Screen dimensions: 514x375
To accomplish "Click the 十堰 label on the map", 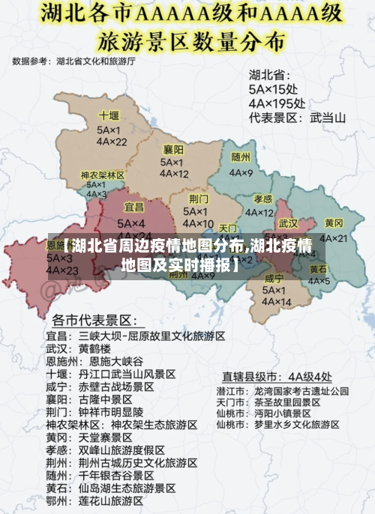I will (x=109, y=116).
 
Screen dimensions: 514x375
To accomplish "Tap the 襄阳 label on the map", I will (x=173, y=149).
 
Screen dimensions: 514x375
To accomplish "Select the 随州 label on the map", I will (x=241, y=157).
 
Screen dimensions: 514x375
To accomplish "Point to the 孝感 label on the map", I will (x=262, y=199).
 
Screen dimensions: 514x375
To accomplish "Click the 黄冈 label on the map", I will (x=334, y=224).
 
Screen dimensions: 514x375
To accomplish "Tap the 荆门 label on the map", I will (x=199, y=199).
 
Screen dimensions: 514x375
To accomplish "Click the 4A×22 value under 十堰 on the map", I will (x=111, y=142).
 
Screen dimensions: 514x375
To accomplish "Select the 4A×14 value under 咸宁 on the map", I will (x=274, y=302).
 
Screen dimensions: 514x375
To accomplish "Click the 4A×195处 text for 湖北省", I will (x=277, y=103).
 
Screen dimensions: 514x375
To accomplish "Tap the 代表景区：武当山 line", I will (x=297, y=118).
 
